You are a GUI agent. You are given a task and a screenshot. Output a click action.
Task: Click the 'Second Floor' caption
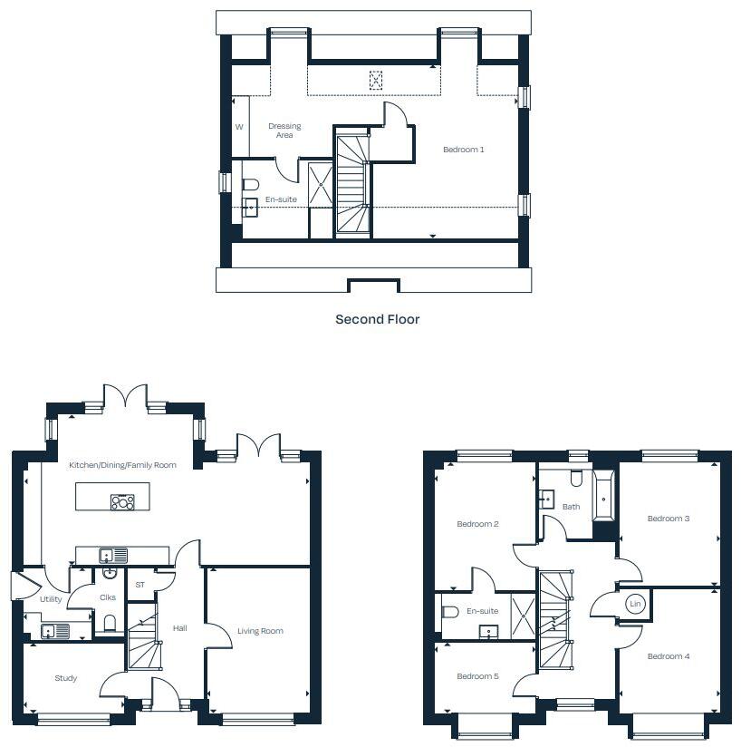[x=377, y=319]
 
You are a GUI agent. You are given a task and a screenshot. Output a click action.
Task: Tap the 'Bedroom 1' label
[x=463, y=150]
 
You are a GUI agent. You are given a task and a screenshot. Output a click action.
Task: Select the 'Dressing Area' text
[x=284, y=131]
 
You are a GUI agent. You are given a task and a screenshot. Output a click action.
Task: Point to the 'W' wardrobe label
[x=239, y=127]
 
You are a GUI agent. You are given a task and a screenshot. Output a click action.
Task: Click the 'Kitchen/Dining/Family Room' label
[x=122, y=465]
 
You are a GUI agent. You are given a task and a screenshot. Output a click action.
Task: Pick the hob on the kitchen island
[x=122, y=501]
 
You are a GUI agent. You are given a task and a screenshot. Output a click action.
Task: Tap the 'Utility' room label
[x=51, y=599]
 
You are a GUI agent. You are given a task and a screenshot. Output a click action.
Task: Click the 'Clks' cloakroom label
[x=107, y=597]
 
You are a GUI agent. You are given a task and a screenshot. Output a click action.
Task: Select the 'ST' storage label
[x=140, y=585]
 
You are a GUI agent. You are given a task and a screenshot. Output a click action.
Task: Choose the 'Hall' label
[x=179, y=627]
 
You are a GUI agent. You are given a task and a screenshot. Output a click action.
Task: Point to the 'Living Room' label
[x=260, y=631]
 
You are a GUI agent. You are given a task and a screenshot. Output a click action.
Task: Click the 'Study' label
[x=65, y=678]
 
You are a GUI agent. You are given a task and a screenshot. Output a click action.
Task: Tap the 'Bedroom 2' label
[x=477, y=524]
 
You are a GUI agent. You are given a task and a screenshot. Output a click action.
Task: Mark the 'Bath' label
[x=571, y=507]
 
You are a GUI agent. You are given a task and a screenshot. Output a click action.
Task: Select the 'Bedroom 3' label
[x=669, y=519]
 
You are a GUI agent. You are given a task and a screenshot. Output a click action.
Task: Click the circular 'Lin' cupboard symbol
[x=635, y=604]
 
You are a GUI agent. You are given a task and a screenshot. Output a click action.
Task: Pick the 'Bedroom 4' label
[x=669, y=656]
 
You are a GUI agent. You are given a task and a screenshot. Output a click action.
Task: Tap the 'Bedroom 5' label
[x=477, y=676]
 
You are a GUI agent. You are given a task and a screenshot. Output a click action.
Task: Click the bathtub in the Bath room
[x=603, y=495]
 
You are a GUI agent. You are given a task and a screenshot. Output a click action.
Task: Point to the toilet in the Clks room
[x=108, y=622]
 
